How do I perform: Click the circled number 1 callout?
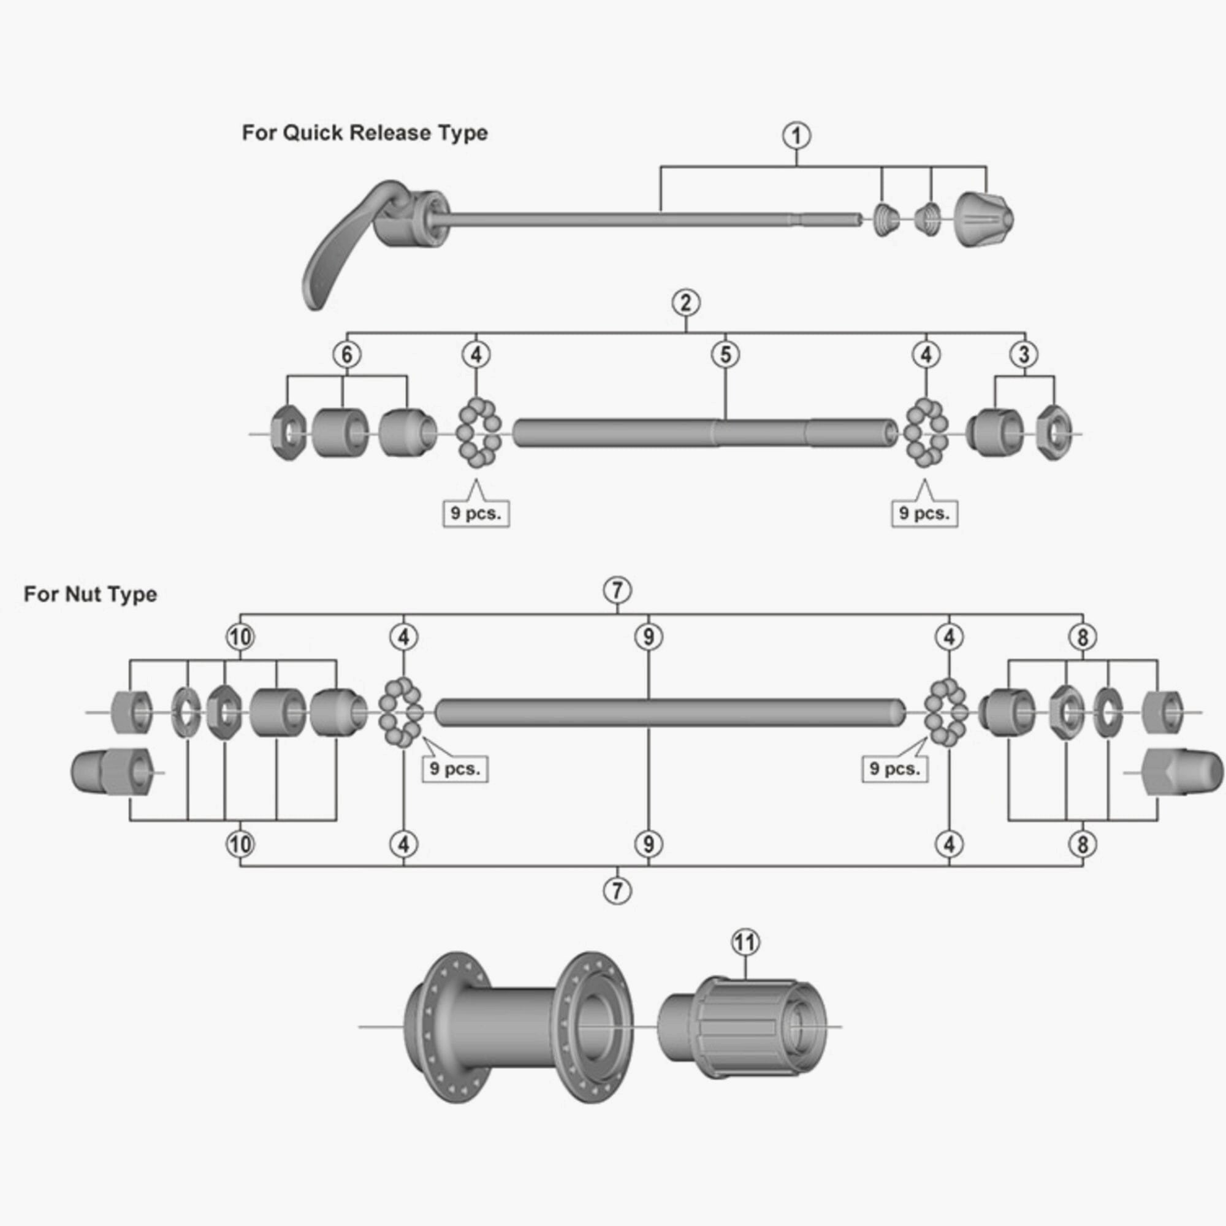click(796, 136)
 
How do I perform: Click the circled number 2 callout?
click(686, 303)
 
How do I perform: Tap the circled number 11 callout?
click(745, 942)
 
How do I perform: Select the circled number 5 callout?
click(725, 354)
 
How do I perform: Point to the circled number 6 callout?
click(346, 354)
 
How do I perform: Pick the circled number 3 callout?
click(1024, 354)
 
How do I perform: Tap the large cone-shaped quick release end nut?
click(984, 220)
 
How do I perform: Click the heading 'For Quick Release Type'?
click(365, 133)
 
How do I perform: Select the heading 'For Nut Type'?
click(90, 595)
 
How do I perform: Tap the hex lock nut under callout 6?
click(289, 434)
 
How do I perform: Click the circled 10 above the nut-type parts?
click(240, 636)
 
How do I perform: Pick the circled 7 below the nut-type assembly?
click(617, 891)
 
